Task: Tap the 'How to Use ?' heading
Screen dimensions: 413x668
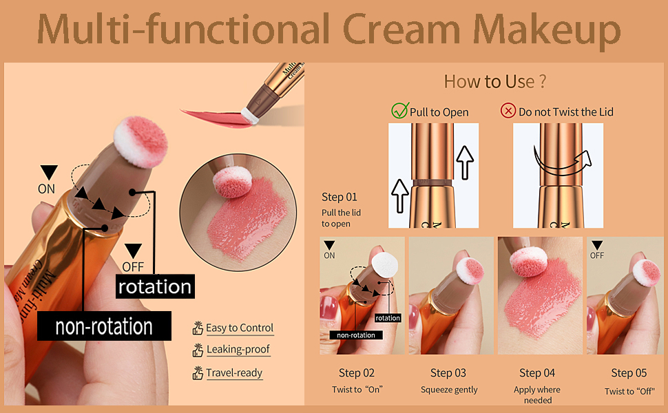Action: tap(494, 81)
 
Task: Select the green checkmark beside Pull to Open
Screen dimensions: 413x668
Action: tap(399, 111)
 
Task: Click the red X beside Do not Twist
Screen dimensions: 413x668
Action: tap(508, 111)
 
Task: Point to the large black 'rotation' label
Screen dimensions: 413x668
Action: tap(154, 286)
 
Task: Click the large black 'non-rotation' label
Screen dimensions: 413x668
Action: tap(103, 326)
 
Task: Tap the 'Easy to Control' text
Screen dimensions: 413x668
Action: tap(240, 328)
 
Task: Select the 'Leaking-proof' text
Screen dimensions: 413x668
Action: tap(238, 350)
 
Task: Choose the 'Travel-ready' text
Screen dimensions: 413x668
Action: tap(234, 374)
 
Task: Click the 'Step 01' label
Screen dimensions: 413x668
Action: tap(340, 197)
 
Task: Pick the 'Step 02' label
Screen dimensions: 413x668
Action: tap(357, 373)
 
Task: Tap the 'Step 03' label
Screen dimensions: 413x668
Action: tap(448, 373)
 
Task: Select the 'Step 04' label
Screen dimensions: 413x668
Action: tap(537, 373)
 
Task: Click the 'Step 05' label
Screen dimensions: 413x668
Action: tap(629, 373)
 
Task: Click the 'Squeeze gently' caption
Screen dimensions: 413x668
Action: tap(449, 390)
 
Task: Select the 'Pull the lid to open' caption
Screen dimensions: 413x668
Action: tap(341, 218)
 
